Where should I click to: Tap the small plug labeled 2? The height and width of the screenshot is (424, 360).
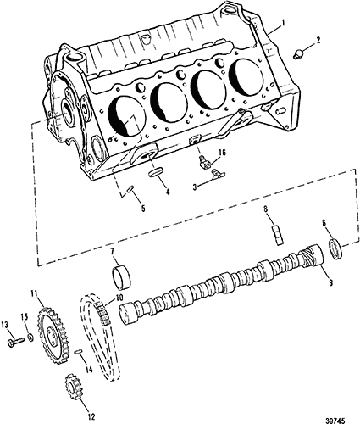(x=297, y=53)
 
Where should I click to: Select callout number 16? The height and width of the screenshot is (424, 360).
(x=223, y=153)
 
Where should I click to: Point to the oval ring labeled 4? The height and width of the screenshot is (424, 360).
(x=157, y=172)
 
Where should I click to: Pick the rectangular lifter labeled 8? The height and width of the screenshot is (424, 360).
(x=335, y=249)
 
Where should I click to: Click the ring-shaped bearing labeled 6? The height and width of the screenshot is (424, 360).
(x=121, y=278)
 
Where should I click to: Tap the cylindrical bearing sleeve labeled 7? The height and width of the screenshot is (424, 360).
(x=277, y=235)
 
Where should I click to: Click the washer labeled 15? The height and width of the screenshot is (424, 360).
(x=30, y=337)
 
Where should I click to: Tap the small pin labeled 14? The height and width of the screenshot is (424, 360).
(x=78, y=352)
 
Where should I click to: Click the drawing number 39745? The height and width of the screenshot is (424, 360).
(x=335, y=421)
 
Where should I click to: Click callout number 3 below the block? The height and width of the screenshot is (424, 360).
(x=195, y=186)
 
